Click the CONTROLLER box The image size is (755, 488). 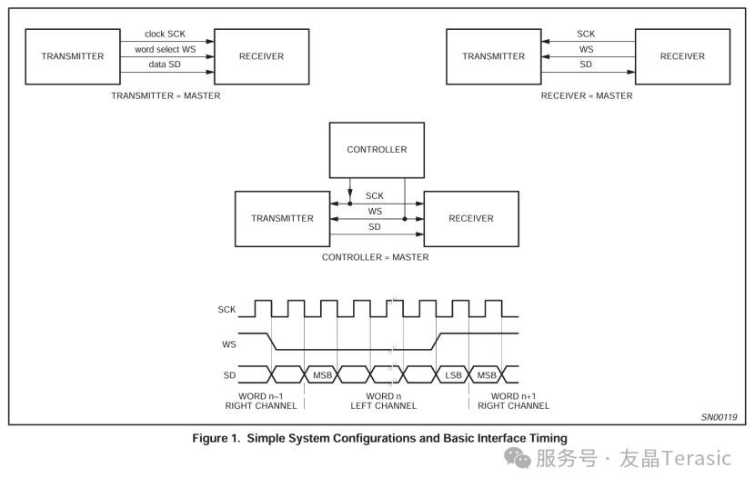click(x=377, y=150)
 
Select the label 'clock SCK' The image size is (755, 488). click(x=165, y=34)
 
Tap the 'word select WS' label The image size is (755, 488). click(x=165, y=49)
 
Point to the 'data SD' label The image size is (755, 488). click(x=165, y=65)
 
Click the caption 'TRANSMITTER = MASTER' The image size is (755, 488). click(x=166, y=95)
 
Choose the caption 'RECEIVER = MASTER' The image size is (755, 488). click(x=587, y=95)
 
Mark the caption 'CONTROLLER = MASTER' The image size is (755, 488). click(x=375, y=257)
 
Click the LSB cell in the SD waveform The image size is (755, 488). click(x=452, y=374)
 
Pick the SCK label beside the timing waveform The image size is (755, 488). click(x=226, y=310)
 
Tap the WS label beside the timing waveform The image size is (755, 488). click(x=228, y=344)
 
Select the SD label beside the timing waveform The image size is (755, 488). click(x=228, y=374)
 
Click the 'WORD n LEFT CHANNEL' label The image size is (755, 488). click(x=383, y=401)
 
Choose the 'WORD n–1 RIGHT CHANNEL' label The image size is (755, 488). click(x=261, y=401)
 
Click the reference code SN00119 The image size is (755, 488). click(x=719, y=417)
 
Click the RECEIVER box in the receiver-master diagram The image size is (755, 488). click(x=682, y=56)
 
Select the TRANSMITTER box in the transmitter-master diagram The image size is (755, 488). click(x=73, y=56)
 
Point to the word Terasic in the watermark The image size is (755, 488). click(x=696, y=458)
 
